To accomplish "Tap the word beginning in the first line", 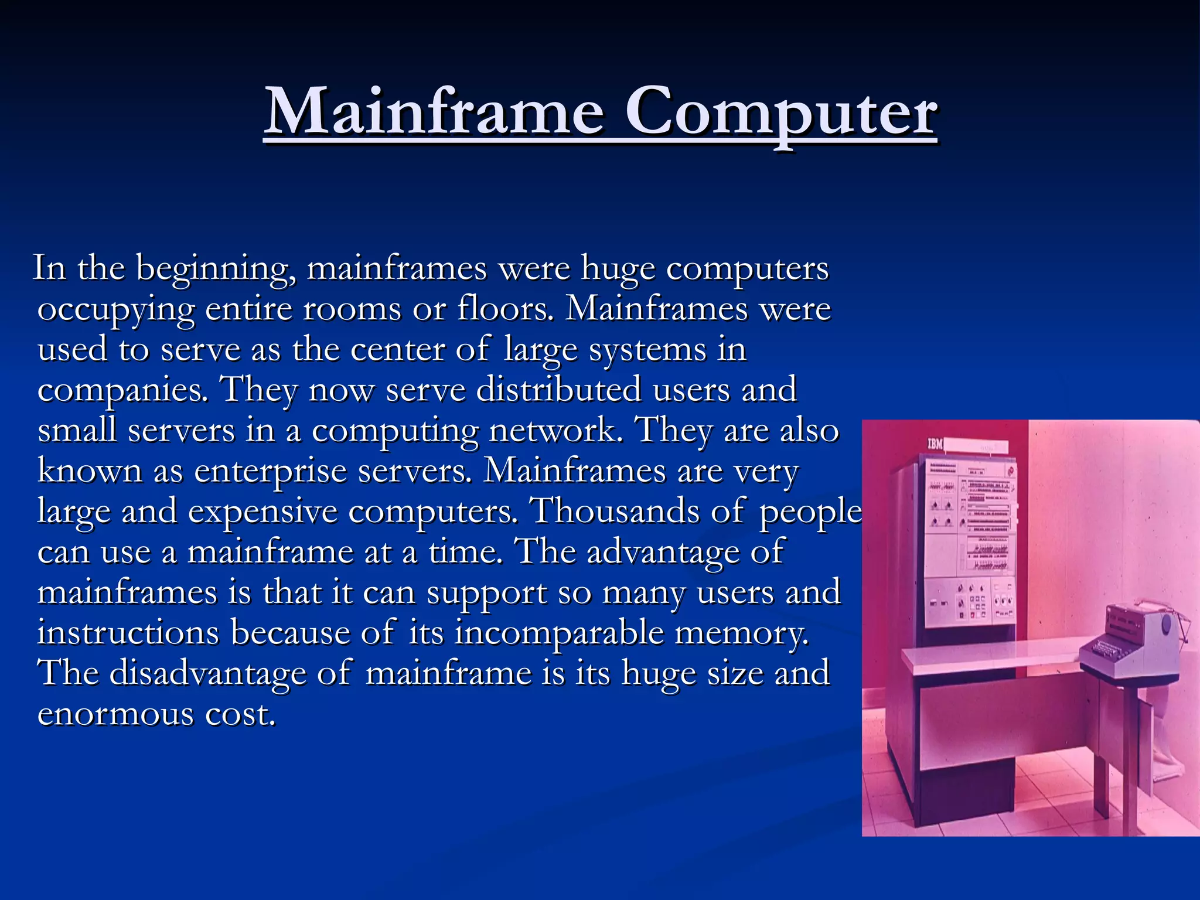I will coord(216,270).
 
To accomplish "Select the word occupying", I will coord(115,310).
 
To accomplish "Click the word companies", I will coord(122,391).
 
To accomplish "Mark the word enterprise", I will coord(270,471).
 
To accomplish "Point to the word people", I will coord(811,512).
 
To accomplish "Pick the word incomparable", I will coord(560,633).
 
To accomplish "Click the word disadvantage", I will coord(207,673).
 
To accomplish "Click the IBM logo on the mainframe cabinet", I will coord(935,444).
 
